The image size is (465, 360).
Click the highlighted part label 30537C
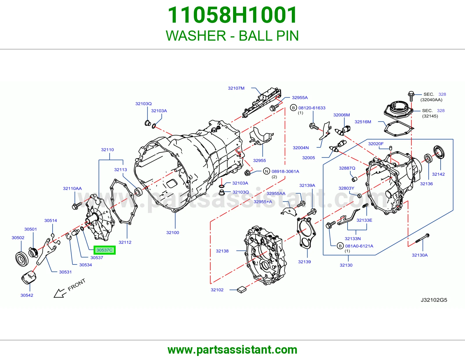104,250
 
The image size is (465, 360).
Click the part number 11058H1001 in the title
232,15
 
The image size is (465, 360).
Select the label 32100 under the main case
173,232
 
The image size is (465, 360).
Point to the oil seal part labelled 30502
22,259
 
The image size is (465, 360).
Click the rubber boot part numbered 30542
29,277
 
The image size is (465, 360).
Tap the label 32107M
236,88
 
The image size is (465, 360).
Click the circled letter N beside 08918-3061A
267,171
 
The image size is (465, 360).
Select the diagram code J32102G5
434,300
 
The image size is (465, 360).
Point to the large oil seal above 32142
439,152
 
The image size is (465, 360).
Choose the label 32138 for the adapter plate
222,251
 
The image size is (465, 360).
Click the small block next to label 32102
242,290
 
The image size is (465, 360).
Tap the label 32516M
363,122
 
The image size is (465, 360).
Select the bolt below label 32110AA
77,206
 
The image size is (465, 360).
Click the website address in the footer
233,350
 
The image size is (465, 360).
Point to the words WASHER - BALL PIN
232,36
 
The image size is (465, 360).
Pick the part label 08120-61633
312,108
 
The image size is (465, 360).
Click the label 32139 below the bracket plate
304,262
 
